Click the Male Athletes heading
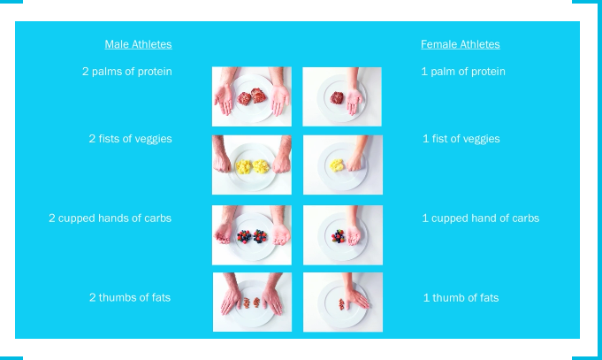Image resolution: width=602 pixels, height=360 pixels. click(x=138, y=44)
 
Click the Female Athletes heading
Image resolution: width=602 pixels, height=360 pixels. click(x=461, y=44)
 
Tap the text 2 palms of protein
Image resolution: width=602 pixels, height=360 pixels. click(x=127, y=72)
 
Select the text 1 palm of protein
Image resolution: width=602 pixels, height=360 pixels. click(x=463, y=72)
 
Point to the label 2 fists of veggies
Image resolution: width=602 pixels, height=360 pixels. click(x=131, y=139)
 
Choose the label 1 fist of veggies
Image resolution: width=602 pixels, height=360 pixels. click(x=461, y=139)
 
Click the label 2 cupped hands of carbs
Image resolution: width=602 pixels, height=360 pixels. click(x=110, y=218)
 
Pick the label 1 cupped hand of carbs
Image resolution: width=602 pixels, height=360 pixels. click(x=481, y=218)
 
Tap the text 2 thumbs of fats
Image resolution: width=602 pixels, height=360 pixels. click(x=130, y=297)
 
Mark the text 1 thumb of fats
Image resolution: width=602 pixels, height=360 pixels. click(x=461, y=298)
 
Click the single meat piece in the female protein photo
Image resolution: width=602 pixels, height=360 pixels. click(x=337, y=97)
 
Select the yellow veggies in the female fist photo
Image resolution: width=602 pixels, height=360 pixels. click(x=337, y=165)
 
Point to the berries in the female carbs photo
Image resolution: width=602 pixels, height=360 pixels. click(x=339, y=236)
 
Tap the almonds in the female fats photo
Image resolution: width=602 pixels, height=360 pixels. click(x=341, y=304)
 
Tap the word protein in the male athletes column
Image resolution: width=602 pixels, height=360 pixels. click(x=155, y=72)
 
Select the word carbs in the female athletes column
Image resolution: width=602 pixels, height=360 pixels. click(x=526, y=218)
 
